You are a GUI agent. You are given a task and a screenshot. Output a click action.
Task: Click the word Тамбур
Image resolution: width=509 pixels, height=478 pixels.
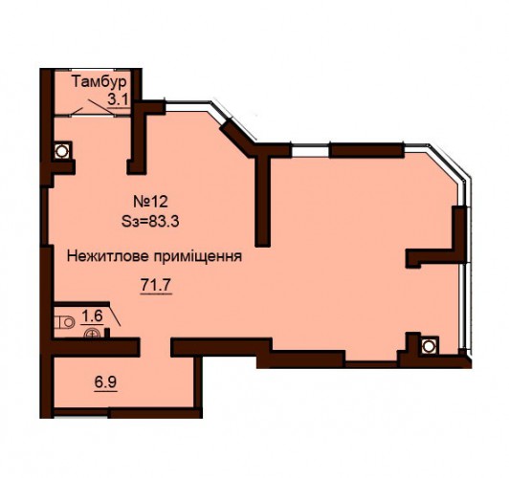click(99, 81)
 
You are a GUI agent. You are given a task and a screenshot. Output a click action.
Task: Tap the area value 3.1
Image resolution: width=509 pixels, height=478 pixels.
click(119, 99)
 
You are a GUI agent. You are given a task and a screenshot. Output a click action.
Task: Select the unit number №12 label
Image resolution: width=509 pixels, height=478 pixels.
click(150, 202)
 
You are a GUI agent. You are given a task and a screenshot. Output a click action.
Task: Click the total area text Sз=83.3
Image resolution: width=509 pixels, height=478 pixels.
click(150, 222)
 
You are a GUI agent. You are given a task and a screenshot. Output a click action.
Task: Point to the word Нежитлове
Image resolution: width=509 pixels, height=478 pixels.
click(108, 256)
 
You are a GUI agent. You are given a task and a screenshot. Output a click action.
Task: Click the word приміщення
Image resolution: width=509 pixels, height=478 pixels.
click(198, 257)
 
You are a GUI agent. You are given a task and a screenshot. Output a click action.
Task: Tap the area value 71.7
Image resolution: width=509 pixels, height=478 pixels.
click(156, 286)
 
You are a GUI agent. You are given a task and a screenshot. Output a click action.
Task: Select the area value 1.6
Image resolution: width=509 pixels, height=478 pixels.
click(92, 315)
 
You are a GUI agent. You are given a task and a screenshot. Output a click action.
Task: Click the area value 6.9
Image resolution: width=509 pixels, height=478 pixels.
click(105, 382)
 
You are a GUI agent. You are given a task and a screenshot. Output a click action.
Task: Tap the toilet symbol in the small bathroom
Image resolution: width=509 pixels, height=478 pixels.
click(64, 322)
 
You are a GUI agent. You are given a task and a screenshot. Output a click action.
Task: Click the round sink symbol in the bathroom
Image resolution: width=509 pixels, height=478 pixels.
click(92, 334)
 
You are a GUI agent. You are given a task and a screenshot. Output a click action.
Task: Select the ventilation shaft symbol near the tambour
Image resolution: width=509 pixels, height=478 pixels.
click(60, 150)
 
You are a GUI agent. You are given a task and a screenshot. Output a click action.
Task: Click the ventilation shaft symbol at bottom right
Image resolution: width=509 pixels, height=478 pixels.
click(429, 346)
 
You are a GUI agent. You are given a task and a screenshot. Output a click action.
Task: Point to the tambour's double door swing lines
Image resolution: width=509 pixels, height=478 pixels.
click(93, 106)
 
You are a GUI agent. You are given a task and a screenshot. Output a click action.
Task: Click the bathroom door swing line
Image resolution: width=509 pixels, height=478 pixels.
click(115, 315)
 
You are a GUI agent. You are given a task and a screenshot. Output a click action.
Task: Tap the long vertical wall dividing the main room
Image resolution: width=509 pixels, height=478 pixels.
click(262, 200)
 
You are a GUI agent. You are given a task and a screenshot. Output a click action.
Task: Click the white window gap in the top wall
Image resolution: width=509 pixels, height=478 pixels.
click(310, 151)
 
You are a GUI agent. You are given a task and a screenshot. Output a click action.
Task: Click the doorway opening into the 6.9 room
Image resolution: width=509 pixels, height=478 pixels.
click(156, 347)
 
